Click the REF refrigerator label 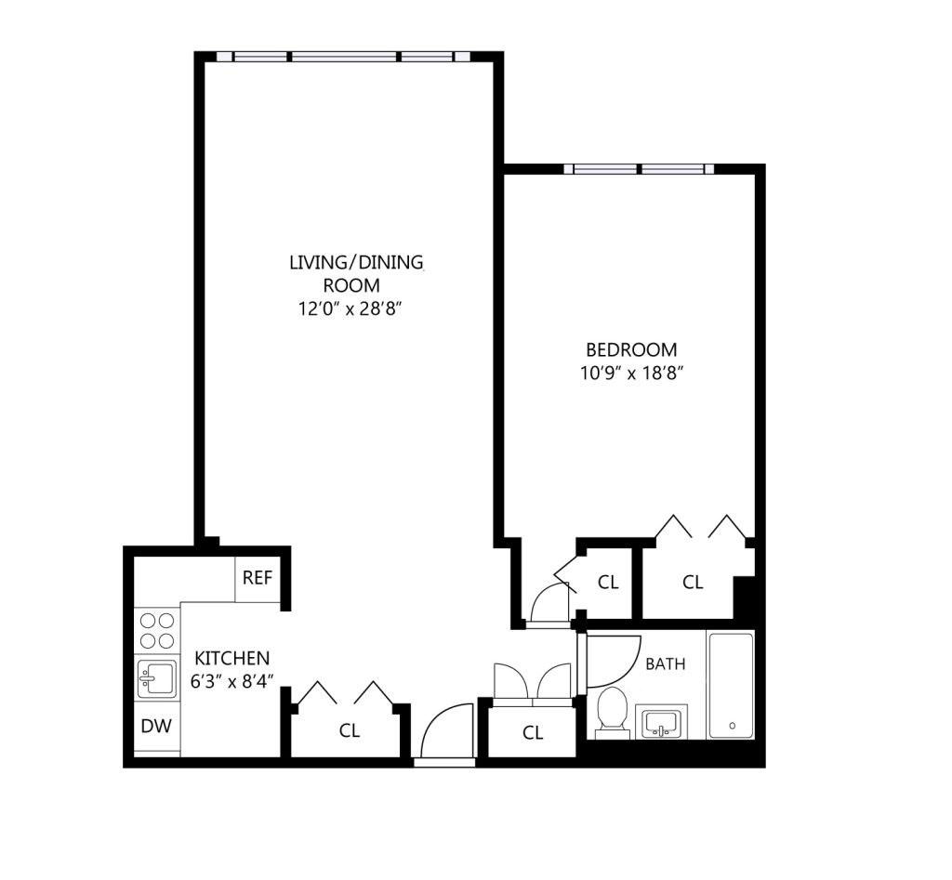click(258, 577)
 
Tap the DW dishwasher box click(156, 726)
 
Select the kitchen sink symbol click(157, 678)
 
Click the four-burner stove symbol click(157, 631)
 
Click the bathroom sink click(661, 722)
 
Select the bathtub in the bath click(732, 686)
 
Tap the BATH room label click(666, 663)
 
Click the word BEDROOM click(631, 349)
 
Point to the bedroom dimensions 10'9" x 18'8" click(632, 373)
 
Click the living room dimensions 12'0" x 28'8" click(350, 309)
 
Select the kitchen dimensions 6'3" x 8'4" click(231, 681)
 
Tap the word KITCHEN click(231, 658)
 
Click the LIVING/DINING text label click(356, 262)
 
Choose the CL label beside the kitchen click(350, 730)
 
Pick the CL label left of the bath click(533, 733)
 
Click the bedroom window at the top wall click(639, 169)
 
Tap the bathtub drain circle click(733, 725)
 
